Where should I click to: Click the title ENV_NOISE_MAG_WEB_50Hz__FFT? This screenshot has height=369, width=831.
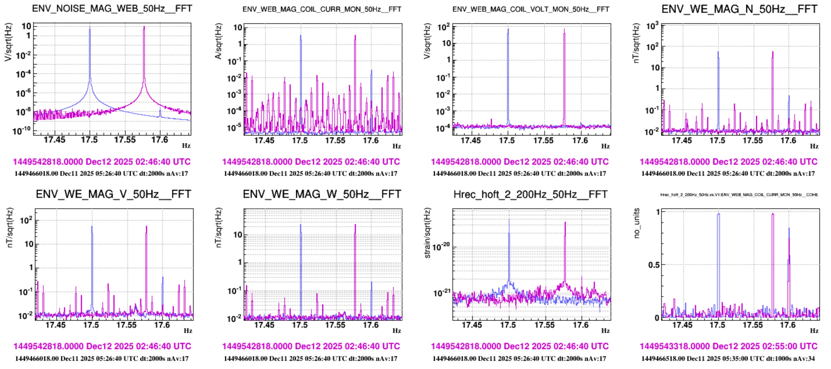pyautogui.click(x=112, y=8)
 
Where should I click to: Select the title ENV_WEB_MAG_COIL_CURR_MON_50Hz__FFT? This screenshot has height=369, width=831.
pyautogui.click(x=322, y=9)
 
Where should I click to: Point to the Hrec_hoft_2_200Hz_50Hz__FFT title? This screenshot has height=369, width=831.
pyautogui.click(x=530, y=194)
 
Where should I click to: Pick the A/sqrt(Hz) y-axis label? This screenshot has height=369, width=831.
pyautogui.click(x=218, y=41)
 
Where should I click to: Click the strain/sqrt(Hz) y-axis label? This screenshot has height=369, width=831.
pyautogui.click(x=427, y=233)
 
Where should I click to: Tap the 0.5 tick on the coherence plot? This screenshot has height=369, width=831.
pyautogui.click(x=654, y=265)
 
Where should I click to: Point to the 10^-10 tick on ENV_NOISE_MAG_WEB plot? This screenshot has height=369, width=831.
pyautogui.click(x=22, y=131)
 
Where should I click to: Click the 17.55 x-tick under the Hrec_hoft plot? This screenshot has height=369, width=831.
pyautogui.click(x=544, y=324)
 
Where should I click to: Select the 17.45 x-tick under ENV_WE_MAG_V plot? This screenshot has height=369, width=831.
pyautogui.click(x=55, y=324)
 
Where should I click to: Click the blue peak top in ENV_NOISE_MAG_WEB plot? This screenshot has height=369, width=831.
pyautogui.click(x=90, y=27)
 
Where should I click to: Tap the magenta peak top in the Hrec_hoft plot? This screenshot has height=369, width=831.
pyautogui.click(x=565, y=223)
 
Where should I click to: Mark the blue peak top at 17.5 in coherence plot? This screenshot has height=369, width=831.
pyautogui.click(x=718, y=214)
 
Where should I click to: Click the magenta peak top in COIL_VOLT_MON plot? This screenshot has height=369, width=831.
pyautogui.click(x=564, y=30)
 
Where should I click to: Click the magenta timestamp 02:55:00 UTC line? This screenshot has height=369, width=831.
pyautogui.click(x=728, y=346)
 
